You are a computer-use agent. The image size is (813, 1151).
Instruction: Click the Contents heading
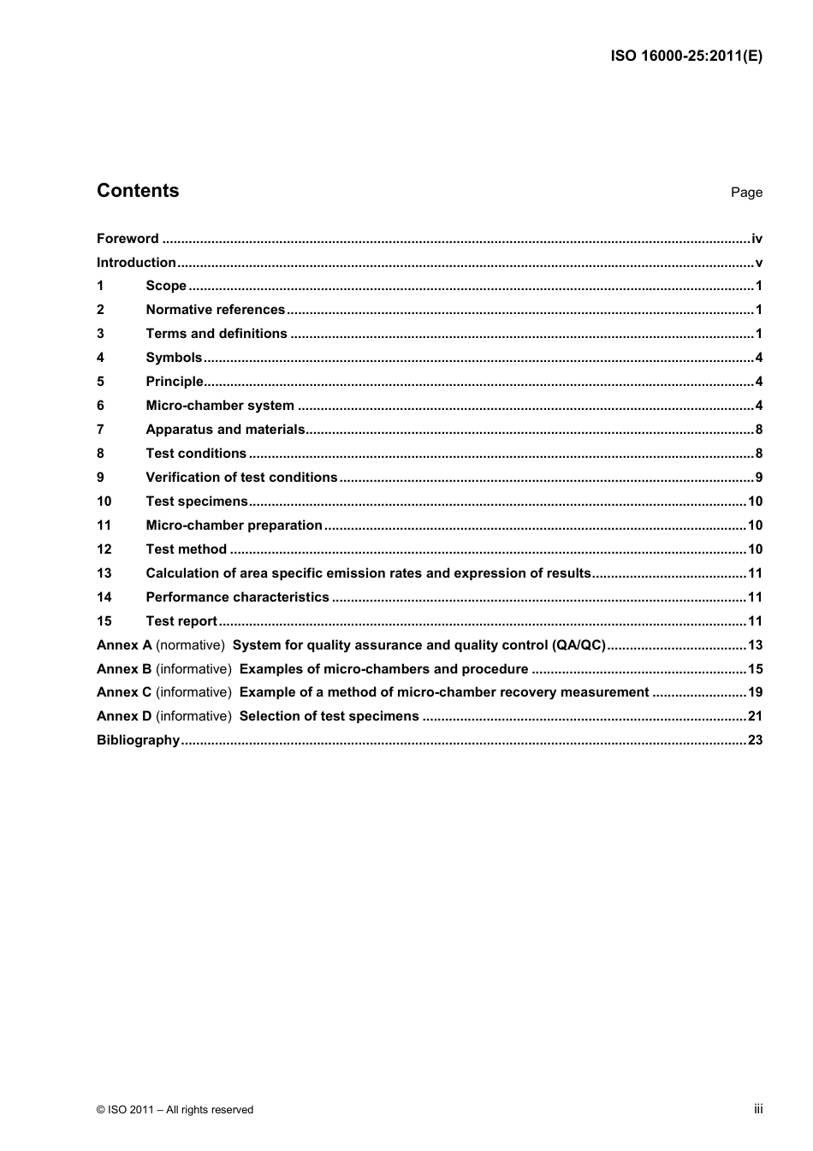(x=138, y=191)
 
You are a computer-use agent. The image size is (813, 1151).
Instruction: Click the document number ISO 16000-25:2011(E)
(x=686, y=56)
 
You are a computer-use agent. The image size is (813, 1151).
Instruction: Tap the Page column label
(x=746, y=193)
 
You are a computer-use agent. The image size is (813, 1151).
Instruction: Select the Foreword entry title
(x=128, y=239)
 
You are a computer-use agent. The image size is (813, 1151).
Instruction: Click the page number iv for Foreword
(x=757, y=239)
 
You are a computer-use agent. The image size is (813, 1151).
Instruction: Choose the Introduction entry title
(x=136, y=263)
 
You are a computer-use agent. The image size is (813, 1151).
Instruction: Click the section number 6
(x=100, y=406)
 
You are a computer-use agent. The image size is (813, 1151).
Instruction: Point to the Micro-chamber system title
(x=220, y=406)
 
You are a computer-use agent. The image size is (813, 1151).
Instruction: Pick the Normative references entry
(x=215, y=310)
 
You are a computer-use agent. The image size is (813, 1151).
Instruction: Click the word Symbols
(x=174, y=358)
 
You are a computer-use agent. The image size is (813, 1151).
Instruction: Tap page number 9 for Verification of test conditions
(x=758, y=478)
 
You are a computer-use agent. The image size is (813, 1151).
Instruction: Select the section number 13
(x=104, y=573)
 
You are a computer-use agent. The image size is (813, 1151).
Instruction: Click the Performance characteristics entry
(x=237, y=597)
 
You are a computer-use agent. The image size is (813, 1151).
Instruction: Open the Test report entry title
(x=181, y=621)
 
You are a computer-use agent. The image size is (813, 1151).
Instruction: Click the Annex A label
(x=124, y=645)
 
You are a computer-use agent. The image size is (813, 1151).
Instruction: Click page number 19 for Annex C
(x=755, y=692)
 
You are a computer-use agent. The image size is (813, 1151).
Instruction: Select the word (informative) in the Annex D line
(x=193, y=716)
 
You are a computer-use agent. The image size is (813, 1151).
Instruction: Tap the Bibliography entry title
(x=138, y=740)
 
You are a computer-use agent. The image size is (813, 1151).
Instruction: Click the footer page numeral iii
(x=758, y=1109)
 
